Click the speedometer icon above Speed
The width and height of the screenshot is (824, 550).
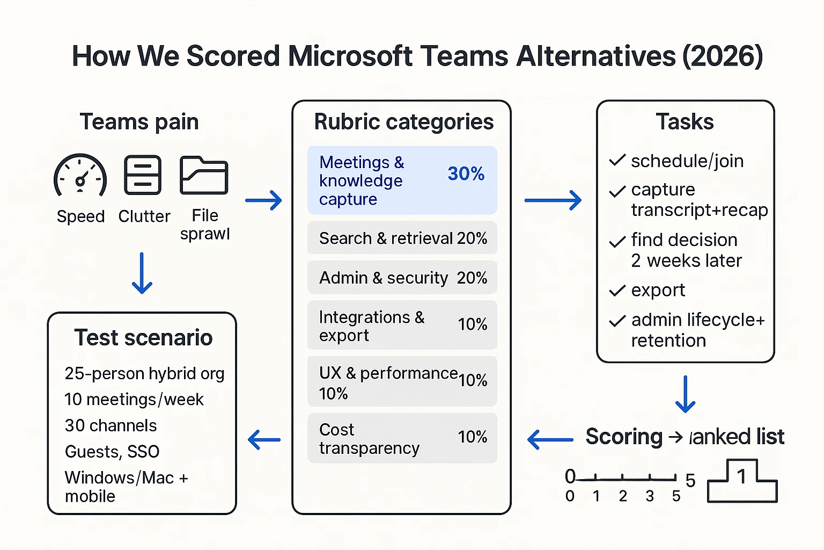[80, 176]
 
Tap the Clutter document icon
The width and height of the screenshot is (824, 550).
[143, 175]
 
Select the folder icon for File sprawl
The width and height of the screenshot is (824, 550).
[204, 175]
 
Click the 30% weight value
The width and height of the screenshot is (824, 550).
[466, 173]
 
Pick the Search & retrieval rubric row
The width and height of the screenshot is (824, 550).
[402, 238]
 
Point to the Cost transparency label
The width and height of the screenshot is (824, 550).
[369, 439]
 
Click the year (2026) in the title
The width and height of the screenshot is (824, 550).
[722, 56]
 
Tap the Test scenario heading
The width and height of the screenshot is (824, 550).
[143, 338]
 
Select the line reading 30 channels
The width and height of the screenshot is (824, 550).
[111, 425]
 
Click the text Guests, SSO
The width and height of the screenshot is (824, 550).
[112, 452]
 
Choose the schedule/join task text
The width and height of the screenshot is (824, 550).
[687, 161]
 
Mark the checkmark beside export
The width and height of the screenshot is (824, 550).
[617, 291]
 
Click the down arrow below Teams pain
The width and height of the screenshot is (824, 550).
[142, 273]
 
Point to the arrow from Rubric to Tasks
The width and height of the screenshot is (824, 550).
[553, 200]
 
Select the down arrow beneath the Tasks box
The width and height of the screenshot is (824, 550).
[686, 394]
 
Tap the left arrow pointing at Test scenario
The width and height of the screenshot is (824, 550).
[264, 439]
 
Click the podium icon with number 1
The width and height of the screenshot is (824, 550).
[742, 481]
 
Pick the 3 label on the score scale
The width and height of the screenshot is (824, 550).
[650, 496]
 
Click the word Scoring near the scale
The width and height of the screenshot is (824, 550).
[624, 437]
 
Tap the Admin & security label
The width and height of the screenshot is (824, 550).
[383, 278]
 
